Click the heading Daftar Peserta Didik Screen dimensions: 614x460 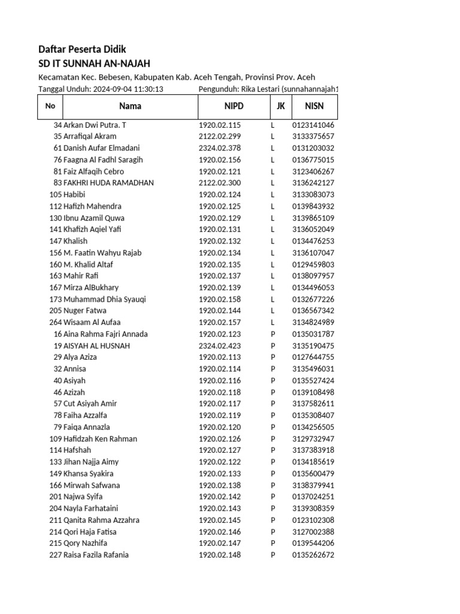[82, 49]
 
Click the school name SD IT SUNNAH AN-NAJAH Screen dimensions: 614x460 [94, 64]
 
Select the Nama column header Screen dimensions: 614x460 [130, 106]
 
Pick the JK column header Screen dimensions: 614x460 [280, 106]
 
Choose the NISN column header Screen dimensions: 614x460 [314, 106]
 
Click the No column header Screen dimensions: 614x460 [50, 106]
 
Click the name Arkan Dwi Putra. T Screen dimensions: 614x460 [95, 125]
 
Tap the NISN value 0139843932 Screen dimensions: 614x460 [313, 206]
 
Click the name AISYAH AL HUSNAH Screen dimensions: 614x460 [96, 346]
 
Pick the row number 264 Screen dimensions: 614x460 [55, 323]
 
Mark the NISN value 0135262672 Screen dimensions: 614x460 [313, 555]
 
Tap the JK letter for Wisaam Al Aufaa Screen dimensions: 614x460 [273, 323]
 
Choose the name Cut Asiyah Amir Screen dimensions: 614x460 [90, 404]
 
